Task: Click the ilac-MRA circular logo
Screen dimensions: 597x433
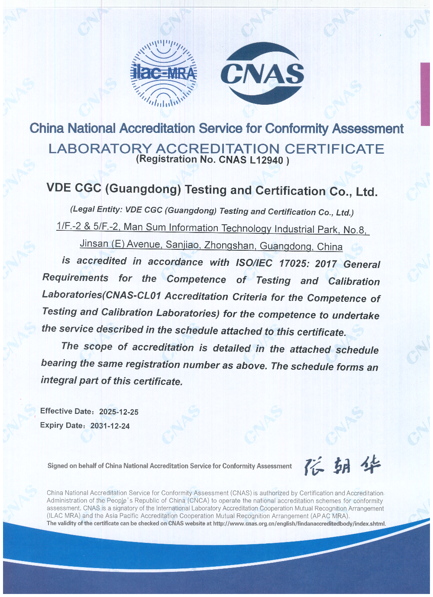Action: tap(164, 74)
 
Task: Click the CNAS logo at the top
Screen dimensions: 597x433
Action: tap(262, 73)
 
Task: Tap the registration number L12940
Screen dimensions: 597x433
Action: tap(266, 160)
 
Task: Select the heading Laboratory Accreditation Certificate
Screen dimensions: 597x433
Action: tap(216, 148)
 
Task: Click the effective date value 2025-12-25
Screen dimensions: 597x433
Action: tap(119, 412)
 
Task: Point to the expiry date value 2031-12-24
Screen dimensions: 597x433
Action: tap(110, 426)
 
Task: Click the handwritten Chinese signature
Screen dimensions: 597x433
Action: tap(342, 466)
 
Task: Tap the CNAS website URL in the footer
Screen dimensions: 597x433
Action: tap(299, 524)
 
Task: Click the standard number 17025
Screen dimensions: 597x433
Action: tap(294, 263)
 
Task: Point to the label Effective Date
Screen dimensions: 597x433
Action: tap(62, 411)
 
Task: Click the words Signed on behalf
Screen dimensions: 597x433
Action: tap(71, 466)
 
